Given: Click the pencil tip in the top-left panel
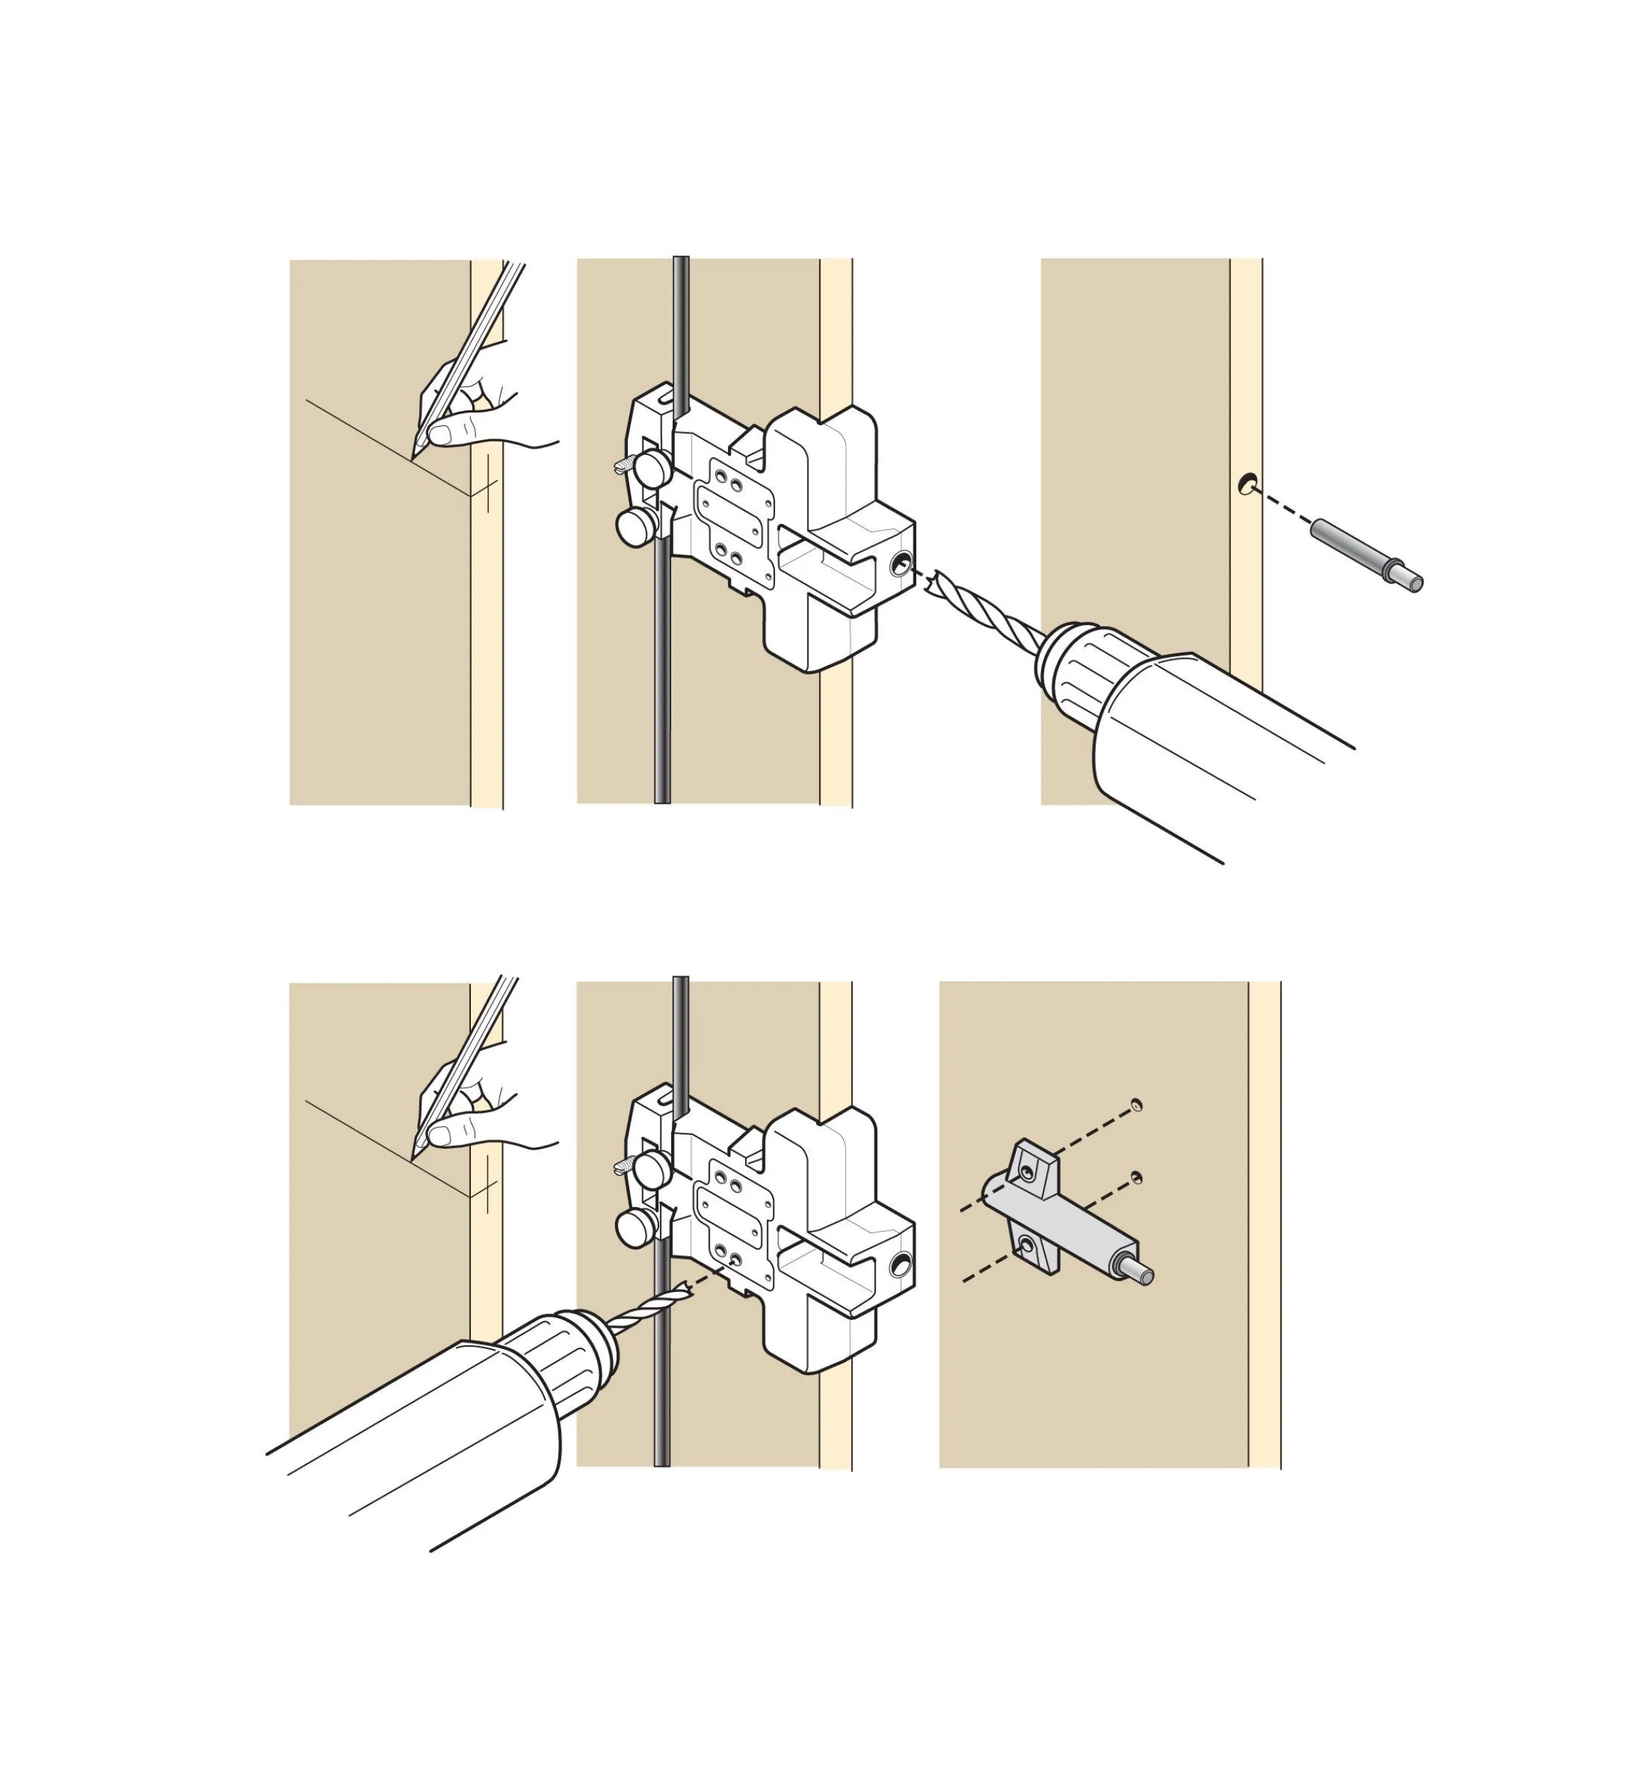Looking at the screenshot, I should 413,457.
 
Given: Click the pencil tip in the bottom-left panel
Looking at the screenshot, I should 414,1157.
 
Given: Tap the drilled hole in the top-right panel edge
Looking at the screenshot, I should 1247,484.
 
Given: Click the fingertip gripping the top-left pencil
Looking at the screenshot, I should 439,435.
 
